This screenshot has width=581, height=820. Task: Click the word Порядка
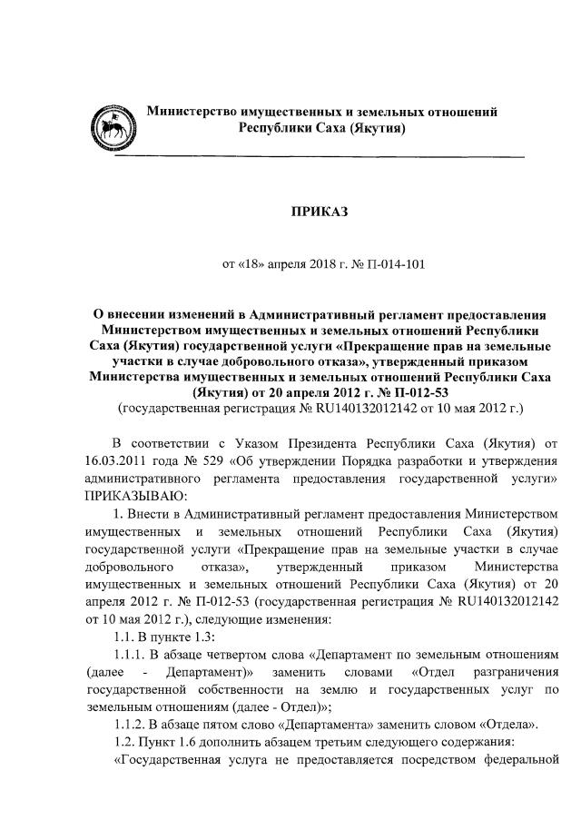[349, 459]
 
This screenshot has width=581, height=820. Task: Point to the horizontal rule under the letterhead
[321, 158]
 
